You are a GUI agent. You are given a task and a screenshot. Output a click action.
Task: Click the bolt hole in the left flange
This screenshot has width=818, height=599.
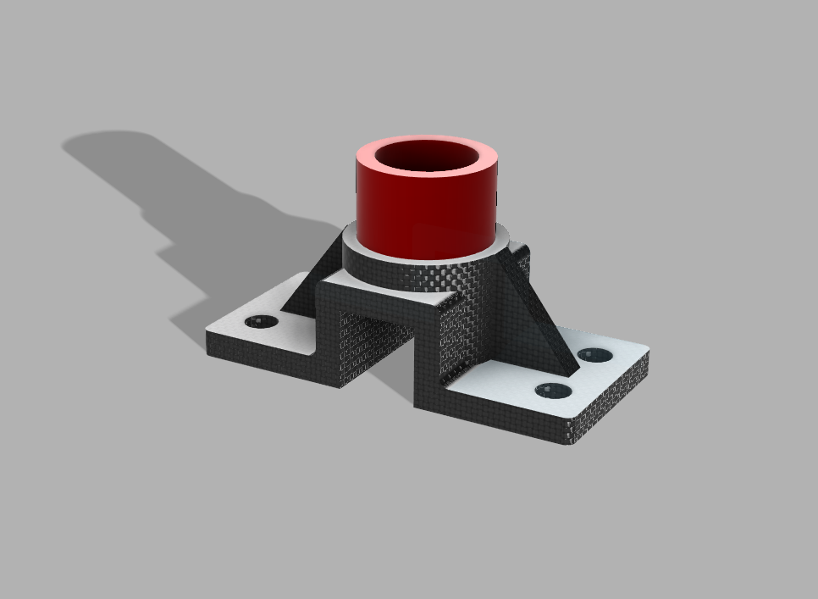(261, 322)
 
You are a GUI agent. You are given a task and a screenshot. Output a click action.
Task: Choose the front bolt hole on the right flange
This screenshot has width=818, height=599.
(553, 391)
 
